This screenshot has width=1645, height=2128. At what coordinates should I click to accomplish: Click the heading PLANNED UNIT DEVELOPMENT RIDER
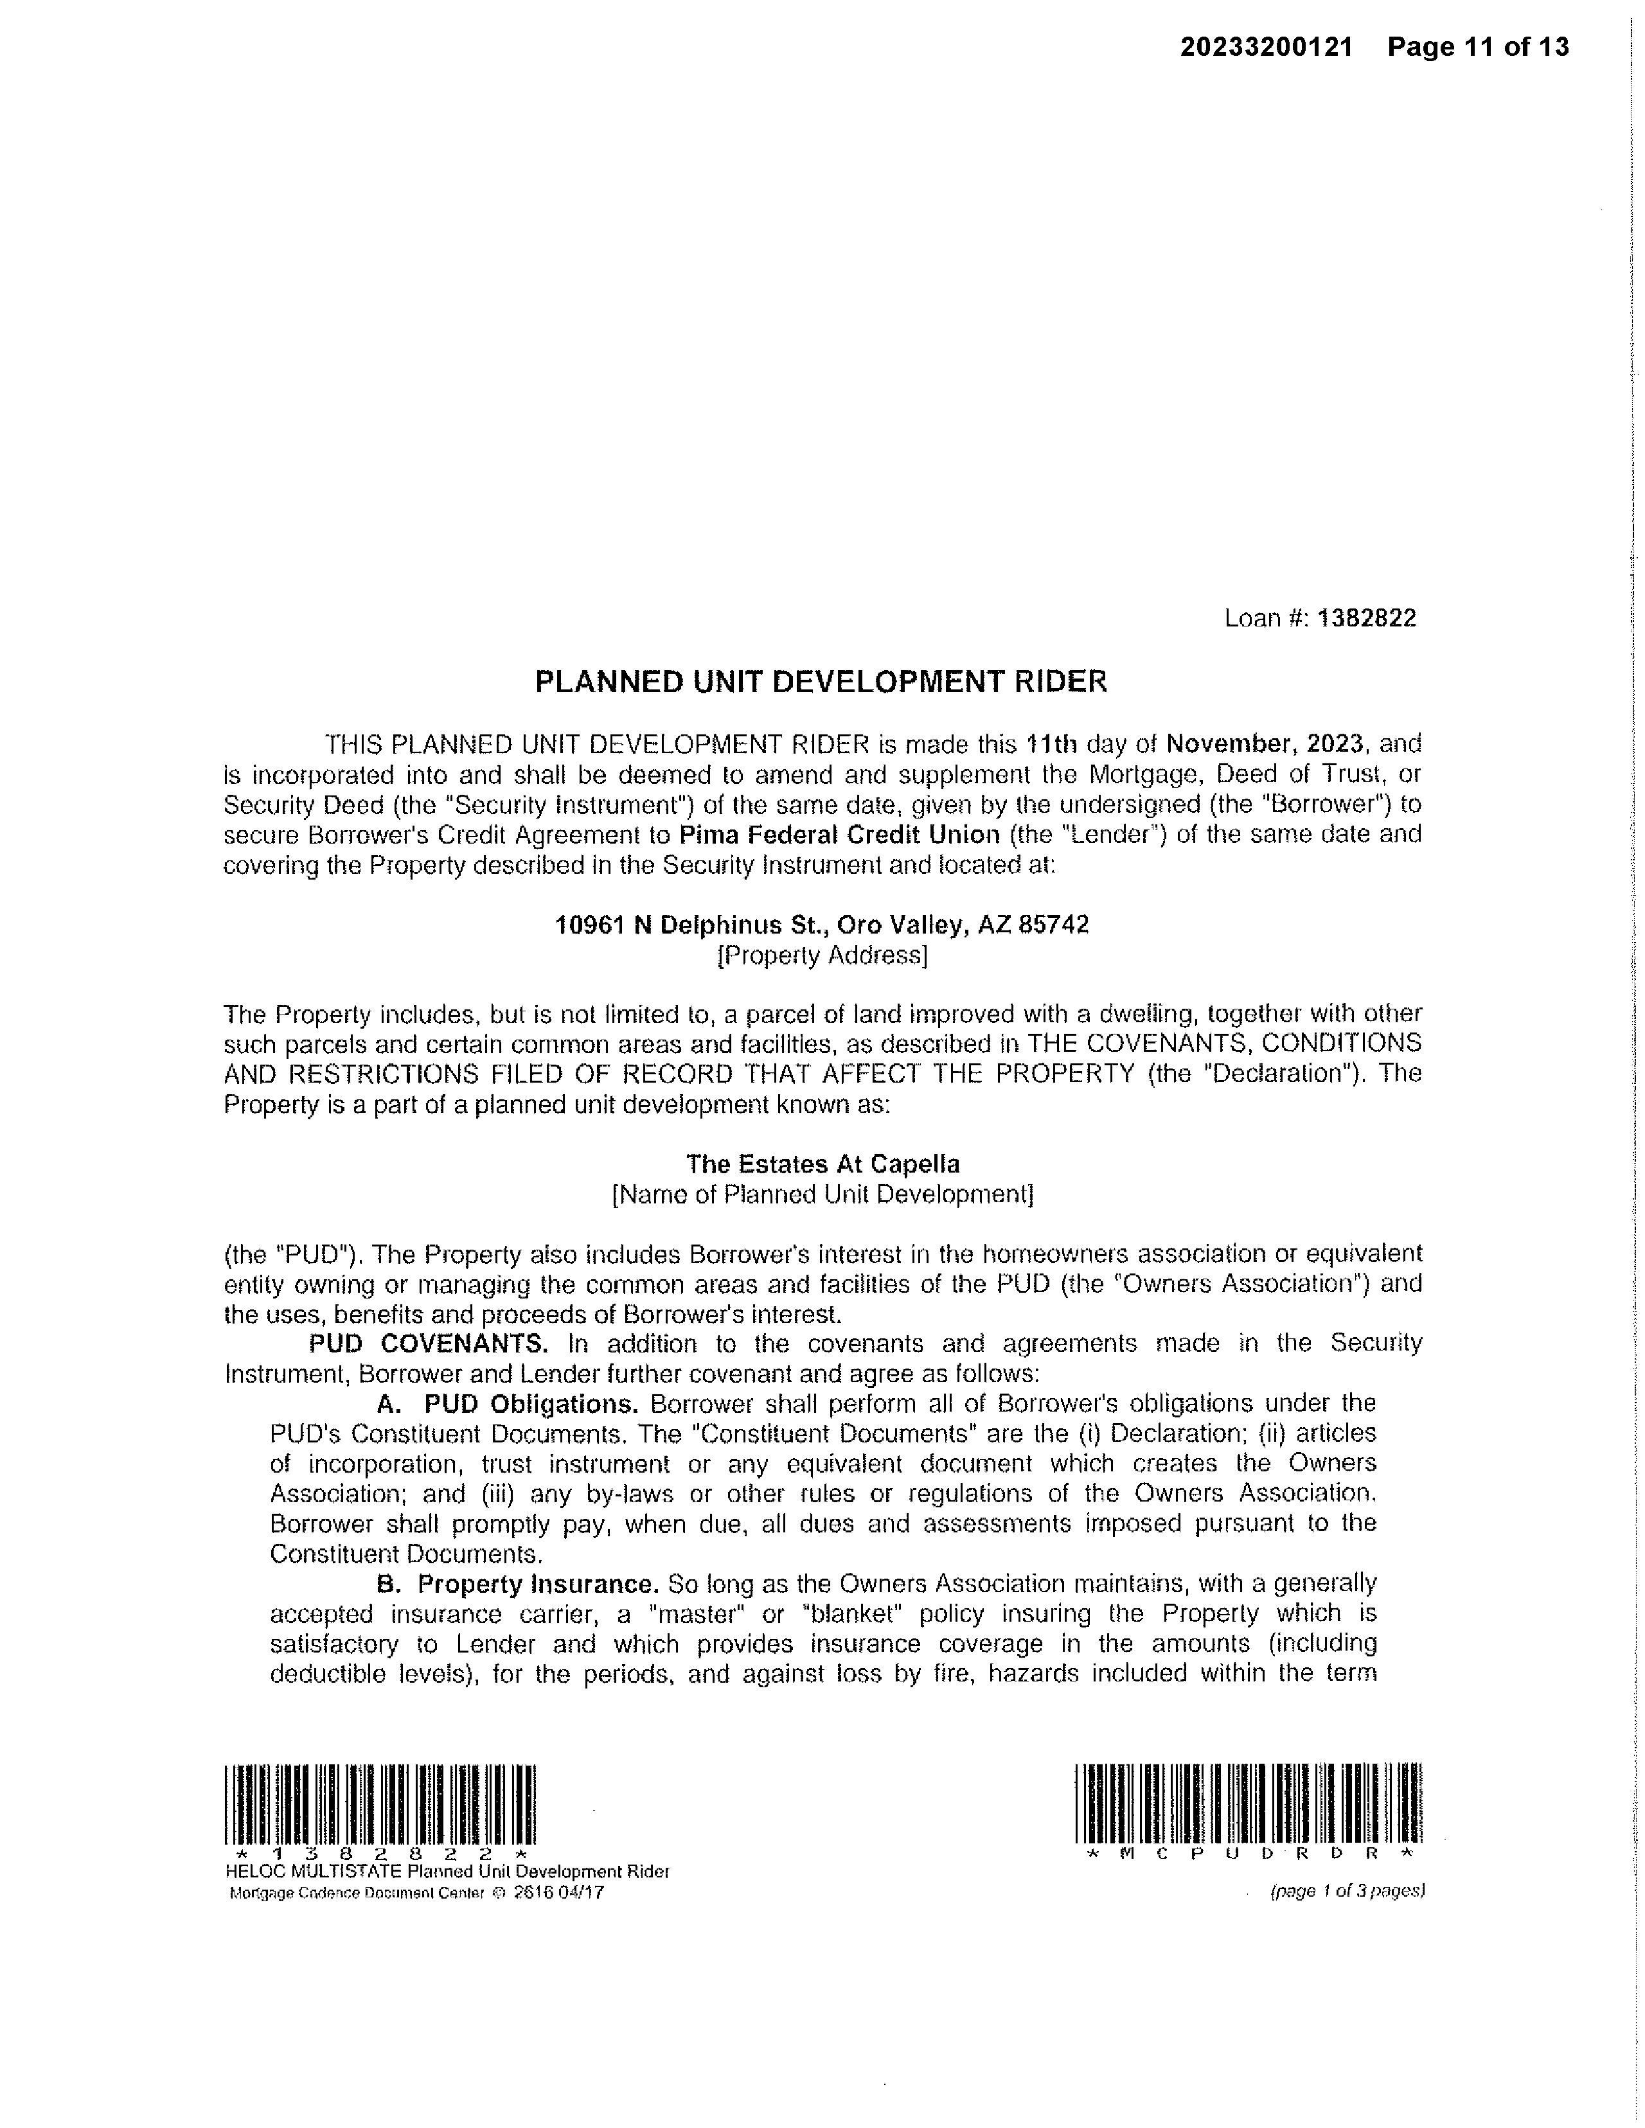[821, 681]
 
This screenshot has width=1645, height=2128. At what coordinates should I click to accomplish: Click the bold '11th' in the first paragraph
[1051, 745]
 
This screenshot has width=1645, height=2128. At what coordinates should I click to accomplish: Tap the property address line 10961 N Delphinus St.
[821, 924]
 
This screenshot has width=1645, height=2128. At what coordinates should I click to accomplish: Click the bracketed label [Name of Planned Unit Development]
[821, 1194]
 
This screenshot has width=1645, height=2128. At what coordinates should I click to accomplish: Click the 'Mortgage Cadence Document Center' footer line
[416, 1893]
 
